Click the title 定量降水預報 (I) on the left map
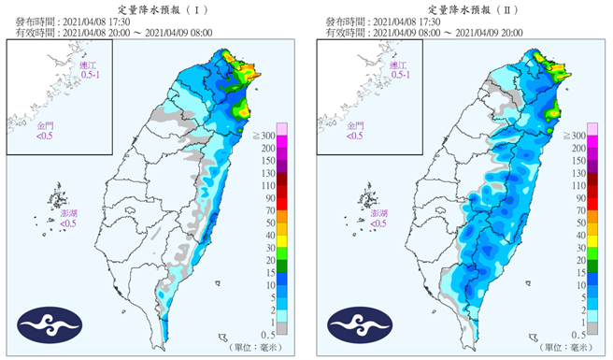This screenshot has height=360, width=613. (x=153, y=7)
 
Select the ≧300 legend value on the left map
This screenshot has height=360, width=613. (x=271, y=136)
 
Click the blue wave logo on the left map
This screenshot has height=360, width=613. (x=47, y=324)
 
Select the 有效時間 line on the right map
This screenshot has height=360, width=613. (x=424, y=33)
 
